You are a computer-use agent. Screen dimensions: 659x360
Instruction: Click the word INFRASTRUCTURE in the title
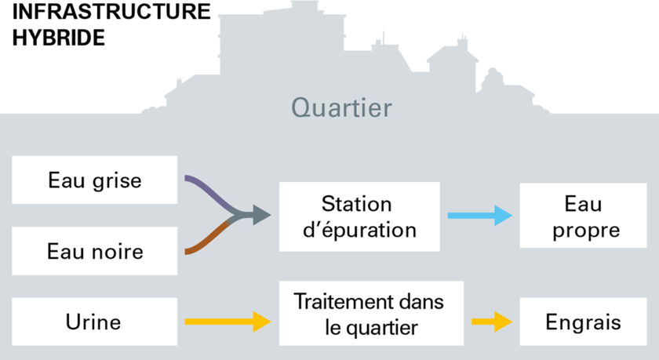(111, 11)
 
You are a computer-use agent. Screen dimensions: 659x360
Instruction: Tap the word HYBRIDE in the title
(58, 38)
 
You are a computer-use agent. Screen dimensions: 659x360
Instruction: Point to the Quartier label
(341, 107)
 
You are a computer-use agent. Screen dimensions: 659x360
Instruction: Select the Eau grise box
(95, 180)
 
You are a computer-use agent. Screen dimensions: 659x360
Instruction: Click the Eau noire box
(95, 251)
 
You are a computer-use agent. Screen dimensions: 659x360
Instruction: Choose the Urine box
(95, 322)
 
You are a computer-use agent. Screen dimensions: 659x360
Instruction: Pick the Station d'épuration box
(359, 216)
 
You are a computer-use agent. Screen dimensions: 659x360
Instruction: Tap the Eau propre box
(583, 216)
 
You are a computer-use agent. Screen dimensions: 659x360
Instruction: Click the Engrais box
(583, 322)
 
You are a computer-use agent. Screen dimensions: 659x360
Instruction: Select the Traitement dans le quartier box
(371, 314)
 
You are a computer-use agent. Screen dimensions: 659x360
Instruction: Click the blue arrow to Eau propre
(480, 216)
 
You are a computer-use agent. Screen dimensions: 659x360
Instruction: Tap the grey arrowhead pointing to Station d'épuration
(261, 215)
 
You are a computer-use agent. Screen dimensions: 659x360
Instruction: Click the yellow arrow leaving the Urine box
(228, 322)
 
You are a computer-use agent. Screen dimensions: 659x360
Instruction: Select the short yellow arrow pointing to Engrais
(492, 322)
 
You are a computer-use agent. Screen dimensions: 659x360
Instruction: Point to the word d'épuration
(360, 231)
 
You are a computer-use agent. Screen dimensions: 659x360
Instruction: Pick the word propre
(586, 231)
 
